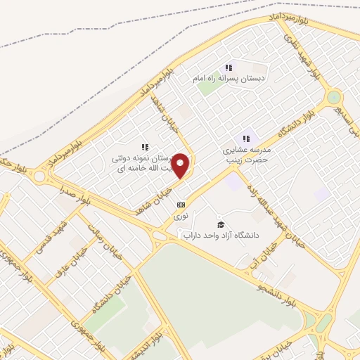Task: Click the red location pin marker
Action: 181,166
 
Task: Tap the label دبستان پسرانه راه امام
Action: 228,79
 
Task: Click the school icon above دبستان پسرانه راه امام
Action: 229,67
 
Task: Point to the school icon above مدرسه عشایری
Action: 246,139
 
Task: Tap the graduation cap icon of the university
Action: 221,224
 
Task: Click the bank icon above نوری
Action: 181,205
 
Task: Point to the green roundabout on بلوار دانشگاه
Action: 334,97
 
